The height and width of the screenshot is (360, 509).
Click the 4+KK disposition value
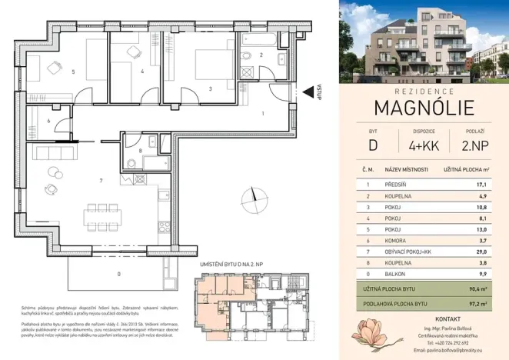[x=424, y=144]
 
